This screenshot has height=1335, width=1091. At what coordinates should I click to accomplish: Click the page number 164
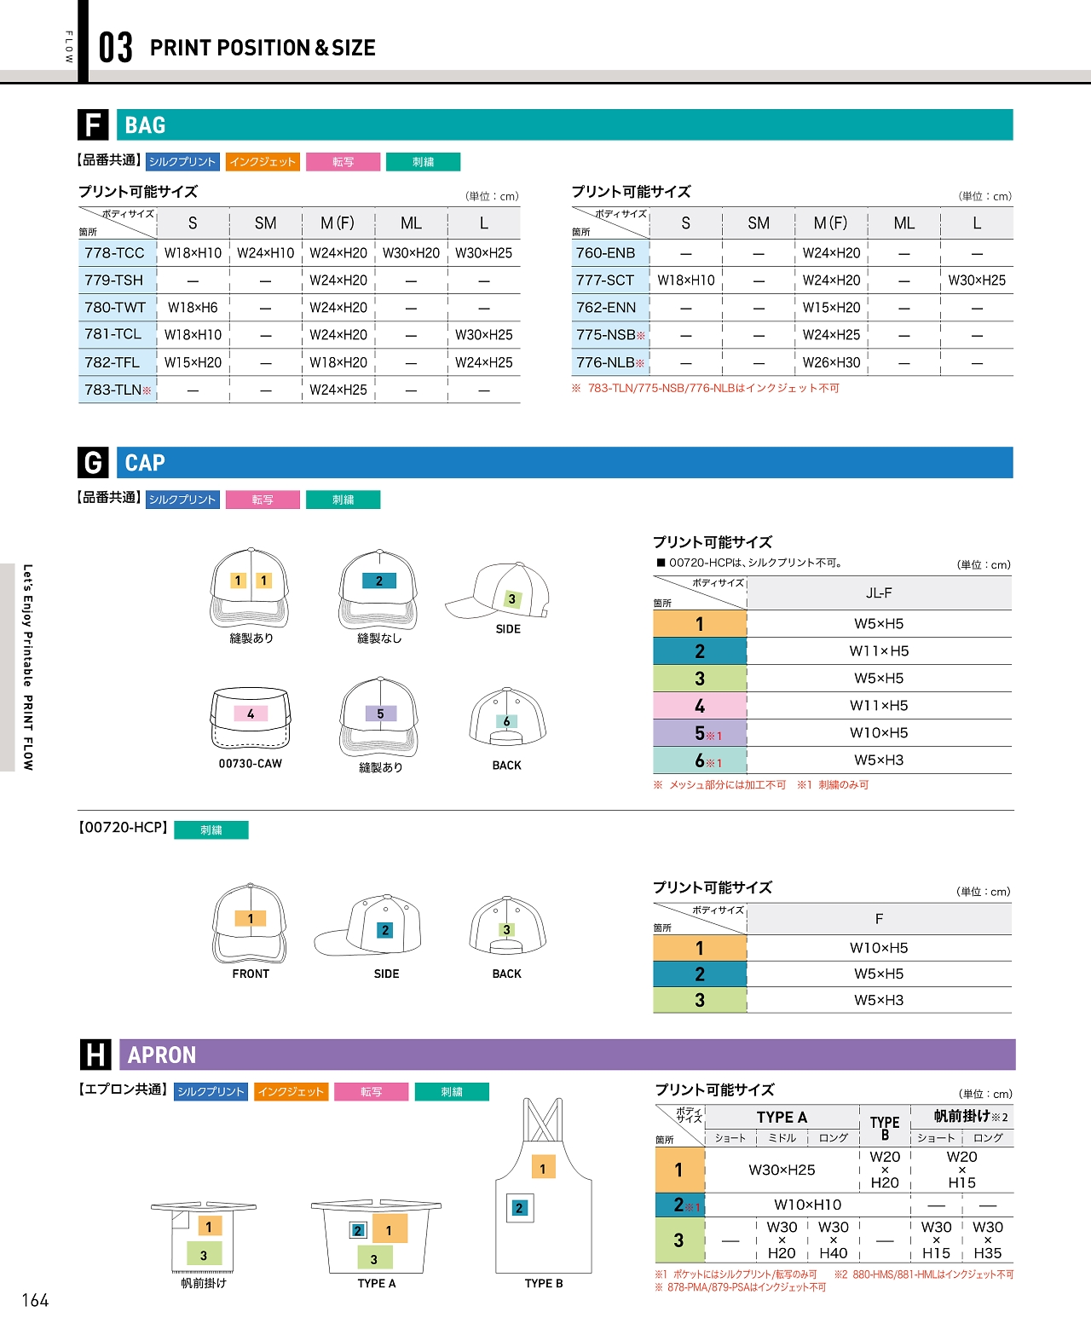35,1300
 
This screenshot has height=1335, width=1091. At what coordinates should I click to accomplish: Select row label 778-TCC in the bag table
114,253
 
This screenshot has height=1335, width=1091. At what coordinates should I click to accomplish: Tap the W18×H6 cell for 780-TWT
193,308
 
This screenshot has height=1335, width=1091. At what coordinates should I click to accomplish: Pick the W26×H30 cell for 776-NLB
831,362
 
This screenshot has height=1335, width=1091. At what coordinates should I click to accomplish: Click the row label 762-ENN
606,308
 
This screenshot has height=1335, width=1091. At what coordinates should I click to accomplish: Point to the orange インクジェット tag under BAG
263,162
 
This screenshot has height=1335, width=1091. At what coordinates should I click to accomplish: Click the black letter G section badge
93,463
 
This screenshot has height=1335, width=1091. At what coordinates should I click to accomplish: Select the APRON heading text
162,1055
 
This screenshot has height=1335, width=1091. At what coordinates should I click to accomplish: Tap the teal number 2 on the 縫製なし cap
379,581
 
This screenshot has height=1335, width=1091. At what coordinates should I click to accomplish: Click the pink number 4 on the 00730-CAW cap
251,714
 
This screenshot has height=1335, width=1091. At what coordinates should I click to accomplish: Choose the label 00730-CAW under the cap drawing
250,764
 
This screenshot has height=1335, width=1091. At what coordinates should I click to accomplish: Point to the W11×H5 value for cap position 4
879,706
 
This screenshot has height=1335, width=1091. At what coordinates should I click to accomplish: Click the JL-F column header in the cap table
879,593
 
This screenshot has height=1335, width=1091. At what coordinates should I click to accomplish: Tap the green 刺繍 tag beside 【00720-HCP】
211,830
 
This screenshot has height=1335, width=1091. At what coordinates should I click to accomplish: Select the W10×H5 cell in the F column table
879,948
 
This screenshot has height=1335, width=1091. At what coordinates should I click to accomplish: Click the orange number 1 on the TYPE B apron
543,1169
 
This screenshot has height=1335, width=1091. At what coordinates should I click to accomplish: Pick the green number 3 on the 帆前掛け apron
204,1255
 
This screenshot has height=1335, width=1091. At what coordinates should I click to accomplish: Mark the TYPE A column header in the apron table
782,1118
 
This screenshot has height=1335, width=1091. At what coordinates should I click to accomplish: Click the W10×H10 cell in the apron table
807,1205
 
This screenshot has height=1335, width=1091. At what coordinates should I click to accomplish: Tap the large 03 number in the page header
116,48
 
